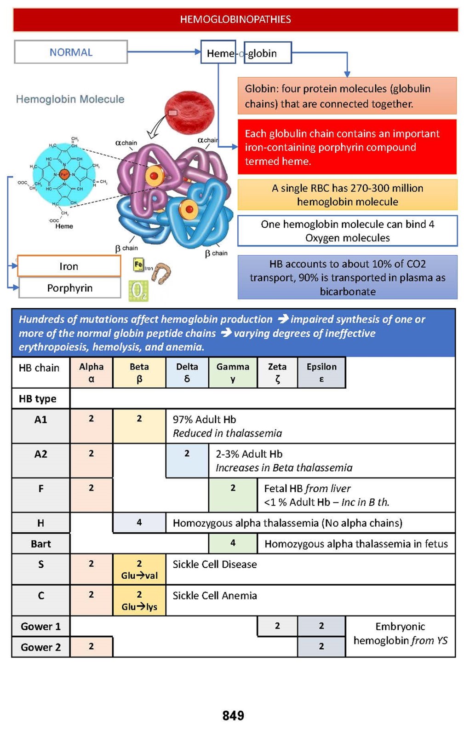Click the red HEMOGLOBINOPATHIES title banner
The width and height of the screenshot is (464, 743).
pyautogui.click(x=235, y=20)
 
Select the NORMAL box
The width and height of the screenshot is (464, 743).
pyautogui.click(x=71, y=52)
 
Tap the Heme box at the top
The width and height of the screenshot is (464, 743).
pyautogui.click(x=219, y=53)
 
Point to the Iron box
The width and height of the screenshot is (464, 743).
pyautogui.click(x=69, y=266)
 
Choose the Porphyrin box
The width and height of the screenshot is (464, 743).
pyautogui.click(x=69, y=288)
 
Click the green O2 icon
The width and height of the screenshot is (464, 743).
pyautogui.click(x=138, y=291)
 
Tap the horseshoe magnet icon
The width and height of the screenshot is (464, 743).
pyautogui.click(x=162, y=273)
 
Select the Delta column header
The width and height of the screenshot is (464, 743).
pyautogui.click(x=187, y=372)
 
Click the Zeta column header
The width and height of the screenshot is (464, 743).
pyautogui.click(x=277, y=372)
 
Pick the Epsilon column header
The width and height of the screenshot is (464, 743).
pyautogui.click(x=321, y=372)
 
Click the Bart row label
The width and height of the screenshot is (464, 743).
pyautogui.click(x=41, y=544)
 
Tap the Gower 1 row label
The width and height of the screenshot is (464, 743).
pyautogui.click(x=41, y=627)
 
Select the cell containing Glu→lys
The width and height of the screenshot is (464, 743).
pyautogui.click(x=139, y=601)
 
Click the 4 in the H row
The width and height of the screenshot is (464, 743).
pyautogui.click(x=139, y=523)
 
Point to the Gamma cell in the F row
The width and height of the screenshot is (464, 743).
pyautogui.click(x=233, y=495)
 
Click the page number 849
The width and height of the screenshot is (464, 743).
pyautogui.click(x=233, y=715)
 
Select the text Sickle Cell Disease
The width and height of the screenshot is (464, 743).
pyautogui.click(x=215, y=564)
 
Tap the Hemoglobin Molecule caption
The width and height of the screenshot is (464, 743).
pyautogui.click(x=70, y=99)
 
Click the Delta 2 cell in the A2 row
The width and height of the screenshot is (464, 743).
pyautogui.click(x=187, y=460)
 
